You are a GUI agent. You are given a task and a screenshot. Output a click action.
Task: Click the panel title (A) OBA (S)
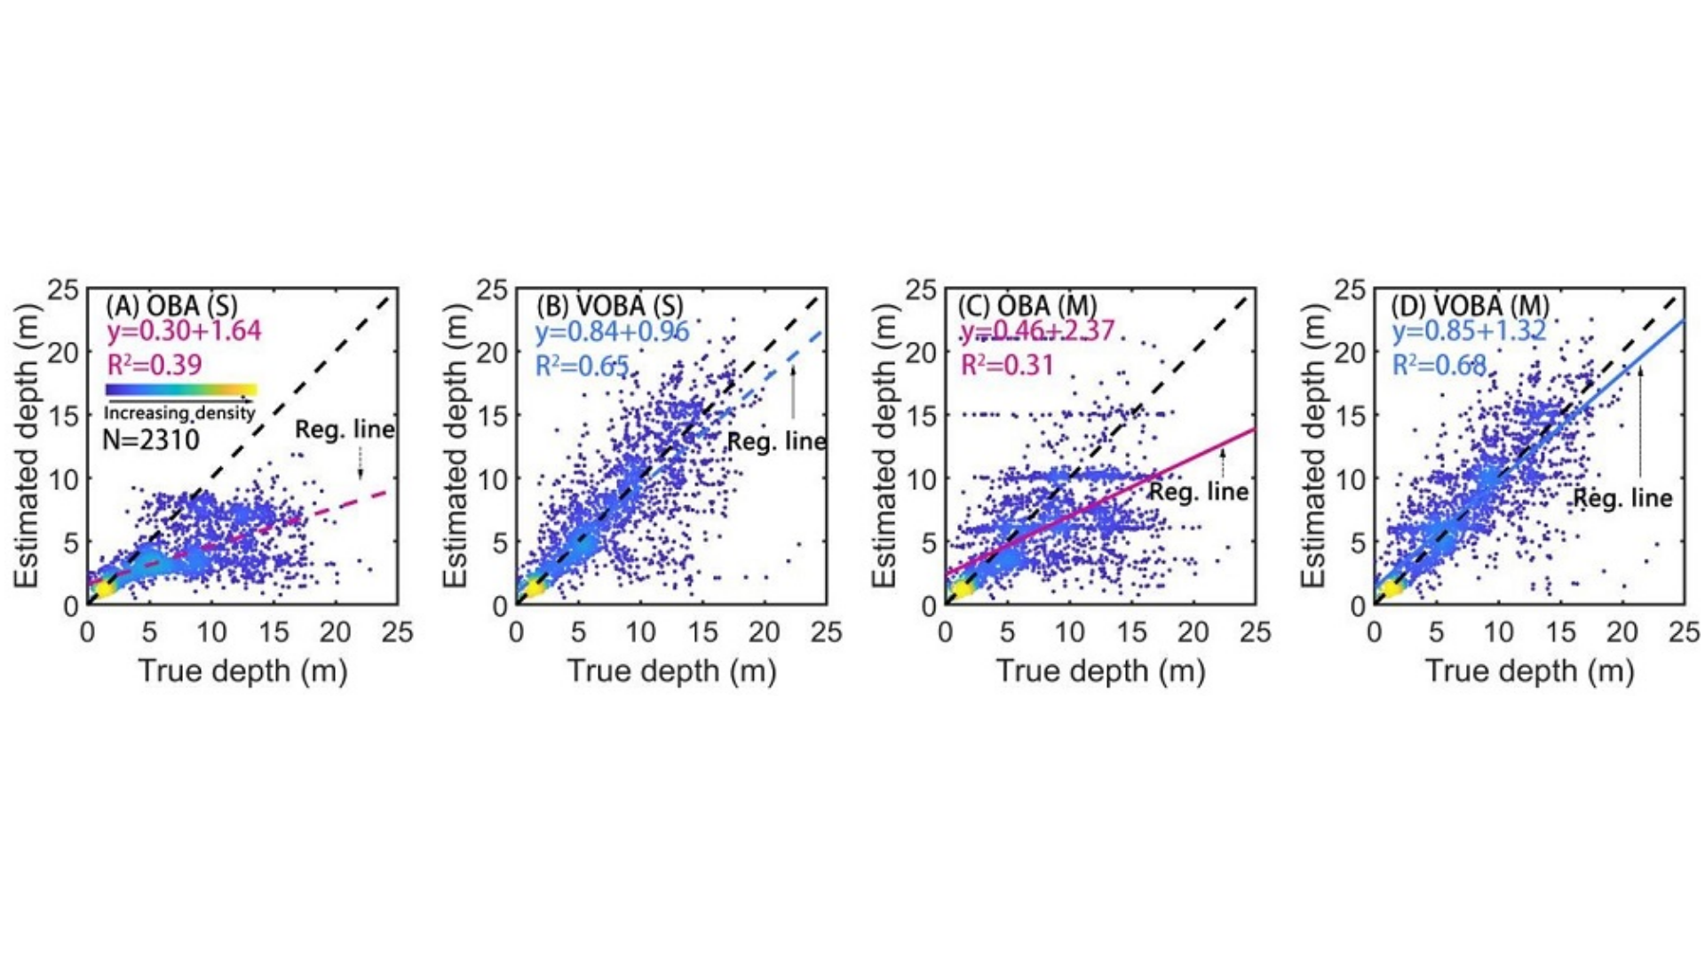click(171, 305)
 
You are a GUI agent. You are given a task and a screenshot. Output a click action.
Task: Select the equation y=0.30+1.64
click(184, 331)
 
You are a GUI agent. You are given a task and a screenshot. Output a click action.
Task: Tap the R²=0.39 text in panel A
click(155, 364)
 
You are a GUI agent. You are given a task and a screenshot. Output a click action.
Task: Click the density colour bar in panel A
click(181, 389)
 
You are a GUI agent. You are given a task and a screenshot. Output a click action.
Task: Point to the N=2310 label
click(151, 440)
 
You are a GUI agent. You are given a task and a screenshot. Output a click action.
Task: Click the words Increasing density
click(179, 413)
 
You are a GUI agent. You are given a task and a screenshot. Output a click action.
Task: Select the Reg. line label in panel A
click(345, 430)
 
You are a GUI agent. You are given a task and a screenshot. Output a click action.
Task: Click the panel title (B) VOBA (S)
click(609, 305)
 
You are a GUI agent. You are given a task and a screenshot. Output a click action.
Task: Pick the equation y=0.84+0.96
click(612, 331)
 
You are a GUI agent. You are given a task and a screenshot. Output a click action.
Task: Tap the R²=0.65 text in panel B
click(582, 365)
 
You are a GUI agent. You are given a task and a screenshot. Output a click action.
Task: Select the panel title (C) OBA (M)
click(1027, 305)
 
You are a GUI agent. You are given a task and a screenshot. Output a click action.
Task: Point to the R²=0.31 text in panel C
click(1007, 364)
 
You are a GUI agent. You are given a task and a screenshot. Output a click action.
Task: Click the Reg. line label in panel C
click(1199, 491)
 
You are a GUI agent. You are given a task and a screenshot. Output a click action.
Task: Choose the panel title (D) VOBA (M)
click(1470, 305)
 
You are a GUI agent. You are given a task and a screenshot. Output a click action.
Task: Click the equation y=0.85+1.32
click(1469, 331)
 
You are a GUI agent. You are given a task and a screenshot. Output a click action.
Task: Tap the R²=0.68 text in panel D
click(1439, 364)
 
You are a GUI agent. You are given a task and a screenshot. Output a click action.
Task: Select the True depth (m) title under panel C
click(1100, 670)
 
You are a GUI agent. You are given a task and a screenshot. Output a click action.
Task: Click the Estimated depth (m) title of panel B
click(454, 446)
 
